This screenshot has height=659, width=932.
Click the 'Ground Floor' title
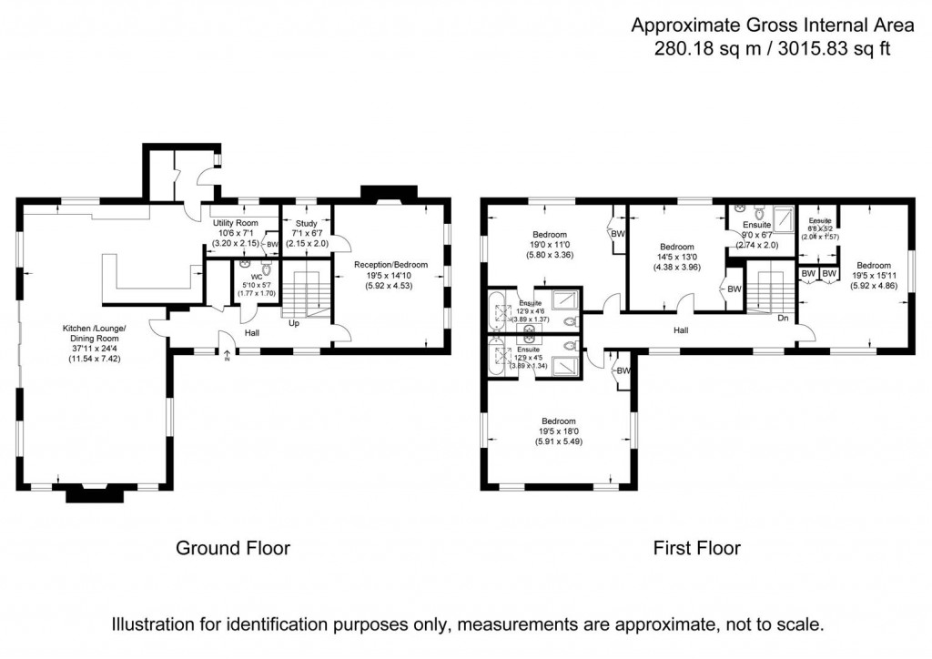tap(232, 548)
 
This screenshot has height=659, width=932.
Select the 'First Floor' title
tap(696, 548)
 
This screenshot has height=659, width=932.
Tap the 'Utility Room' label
tap(236, 223)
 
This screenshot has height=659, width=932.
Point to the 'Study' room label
tap(306, 223)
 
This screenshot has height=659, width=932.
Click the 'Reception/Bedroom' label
tap(390, 265)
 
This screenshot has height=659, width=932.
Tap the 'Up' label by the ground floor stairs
tap(294, 322)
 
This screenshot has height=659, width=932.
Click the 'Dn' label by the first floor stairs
tap(783, 318)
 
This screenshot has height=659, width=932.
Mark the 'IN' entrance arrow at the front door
tap(228, 356)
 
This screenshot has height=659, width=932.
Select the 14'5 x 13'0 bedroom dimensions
tap(677, 257)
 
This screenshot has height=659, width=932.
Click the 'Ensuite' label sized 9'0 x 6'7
tap(756, 224)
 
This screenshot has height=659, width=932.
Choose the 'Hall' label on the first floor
tap(682, 330)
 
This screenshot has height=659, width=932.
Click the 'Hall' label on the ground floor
tap(252, 333)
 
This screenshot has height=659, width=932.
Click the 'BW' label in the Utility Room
tap(272, 244)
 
